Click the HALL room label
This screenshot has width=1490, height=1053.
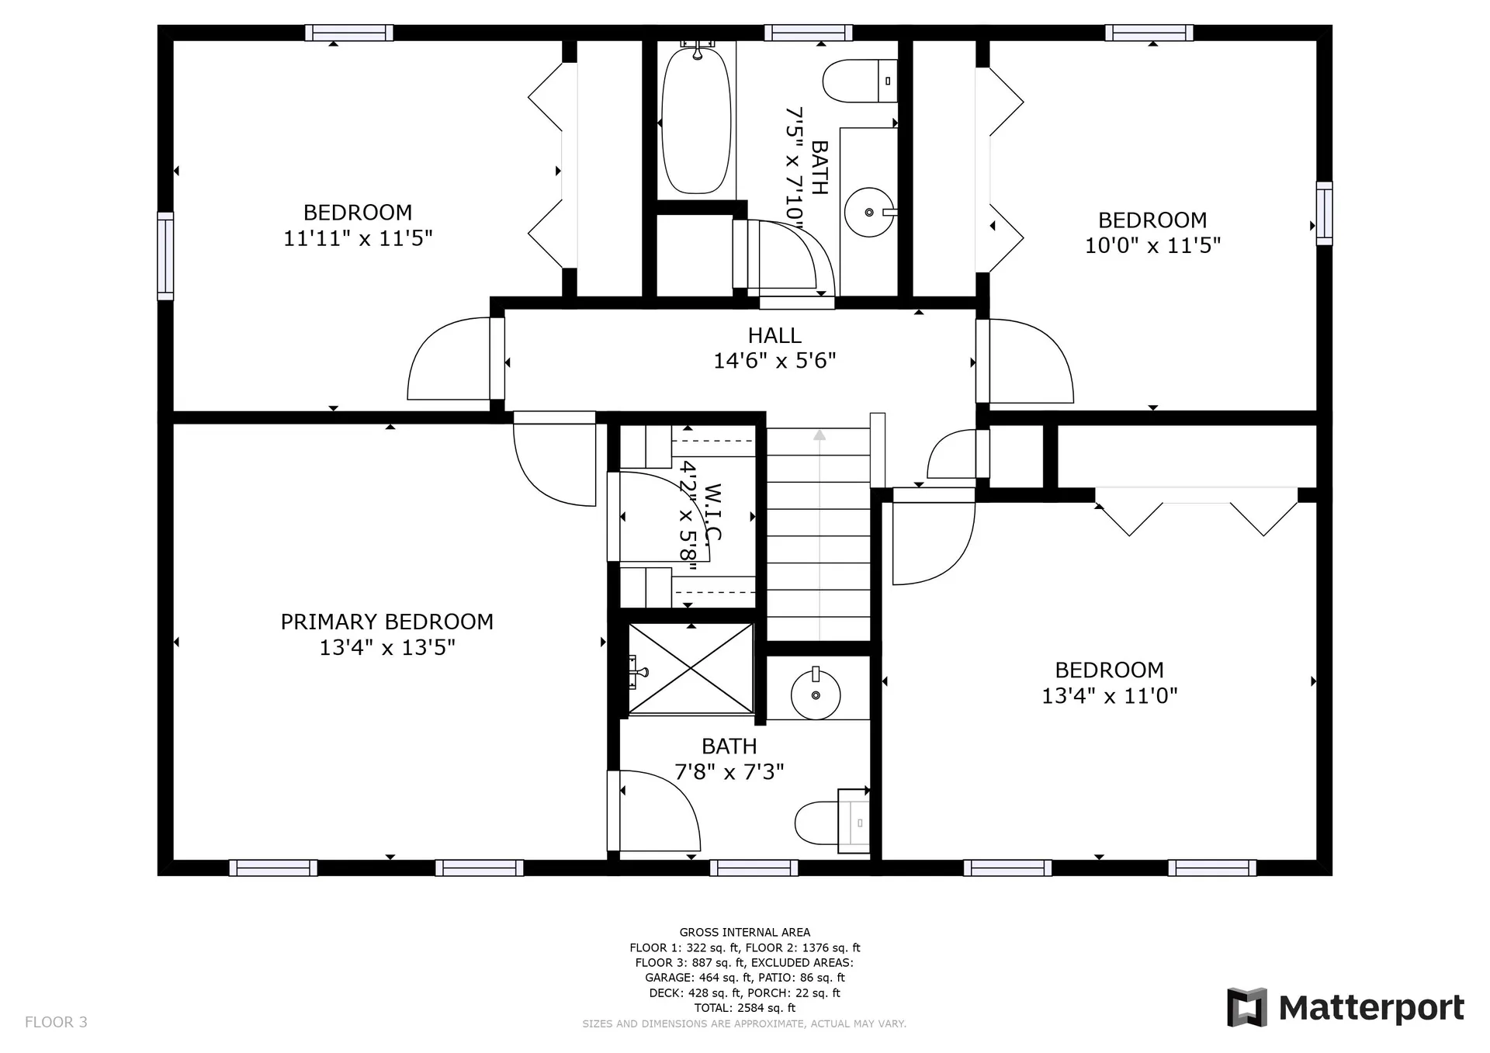774,335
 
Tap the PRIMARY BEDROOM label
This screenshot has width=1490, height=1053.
386,622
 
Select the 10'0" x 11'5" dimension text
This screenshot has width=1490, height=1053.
1152,245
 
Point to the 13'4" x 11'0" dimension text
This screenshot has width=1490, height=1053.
1109,695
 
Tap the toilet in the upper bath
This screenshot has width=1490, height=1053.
860,81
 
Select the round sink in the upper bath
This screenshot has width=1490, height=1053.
869,212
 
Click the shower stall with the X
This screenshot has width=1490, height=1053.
690,668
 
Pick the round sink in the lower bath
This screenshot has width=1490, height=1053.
816,694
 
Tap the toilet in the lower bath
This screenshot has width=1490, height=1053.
831,823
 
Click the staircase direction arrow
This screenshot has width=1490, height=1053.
819,535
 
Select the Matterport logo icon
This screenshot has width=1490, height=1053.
1246,1007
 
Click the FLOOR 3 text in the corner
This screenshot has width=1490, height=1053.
56,1022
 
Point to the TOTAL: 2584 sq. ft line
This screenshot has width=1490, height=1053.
745,1008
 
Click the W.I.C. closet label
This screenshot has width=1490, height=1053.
712,513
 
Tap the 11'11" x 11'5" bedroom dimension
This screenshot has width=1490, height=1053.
358,237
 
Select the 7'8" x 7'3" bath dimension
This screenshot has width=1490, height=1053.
729,771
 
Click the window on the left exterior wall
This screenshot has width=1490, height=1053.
165,255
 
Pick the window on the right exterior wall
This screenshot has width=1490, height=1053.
1325,213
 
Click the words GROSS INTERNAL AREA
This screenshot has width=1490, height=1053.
745,932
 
